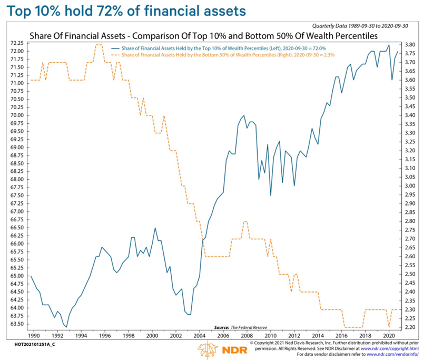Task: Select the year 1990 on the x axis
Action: [33, 335]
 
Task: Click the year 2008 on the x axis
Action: [246, 335]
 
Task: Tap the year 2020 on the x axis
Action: [388, 335]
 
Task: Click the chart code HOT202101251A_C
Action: [30, 342]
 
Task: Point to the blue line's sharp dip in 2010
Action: [271, 196]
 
